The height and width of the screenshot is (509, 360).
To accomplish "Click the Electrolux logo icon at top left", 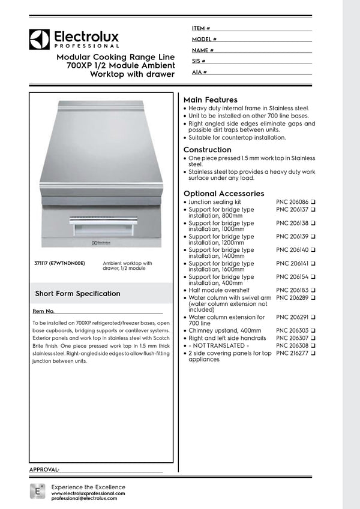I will (x=38, y=39).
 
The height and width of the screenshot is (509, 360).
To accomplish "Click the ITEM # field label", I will (x=201, y=28).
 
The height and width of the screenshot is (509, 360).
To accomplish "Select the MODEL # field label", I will (x=205, y=39).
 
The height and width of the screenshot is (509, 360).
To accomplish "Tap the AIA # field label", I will (x=200, y=72).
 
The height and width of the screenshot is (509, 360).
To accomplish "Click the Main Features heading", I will (x=210, y=100).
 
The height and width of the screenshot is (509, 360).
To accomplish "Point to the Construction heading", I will (x=207, y=150).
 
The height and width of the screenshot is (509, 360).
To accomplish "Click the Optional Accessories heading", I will (x=223, y=194).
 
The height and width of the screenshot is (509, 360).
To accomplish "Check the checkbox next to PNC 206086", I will (x=313, y=203).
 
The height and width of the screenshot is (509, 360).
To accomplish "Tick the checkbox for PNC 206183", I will (x=313, y=290).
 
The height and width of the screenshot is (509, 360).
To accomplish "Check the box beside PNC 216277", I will (x=313, y=354).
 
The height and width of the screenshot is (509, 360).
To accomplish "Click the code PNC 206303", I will (x=292, y=330).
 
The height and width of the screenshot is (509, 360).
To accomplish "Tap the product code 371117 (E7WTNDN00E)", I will (x=60, y=263).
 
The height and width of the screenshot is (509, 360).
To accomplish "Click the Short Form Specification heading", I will (x=77, y=294).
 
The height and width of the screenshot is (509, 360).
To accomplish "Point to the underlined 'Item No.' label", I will (x=44, y=312).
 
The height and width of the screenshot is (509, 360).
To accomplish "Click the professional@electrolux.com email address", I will (x=84, y=499).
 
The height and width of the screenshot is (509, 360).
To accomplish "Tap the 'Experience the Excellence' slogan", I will (x=89, y=487).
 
